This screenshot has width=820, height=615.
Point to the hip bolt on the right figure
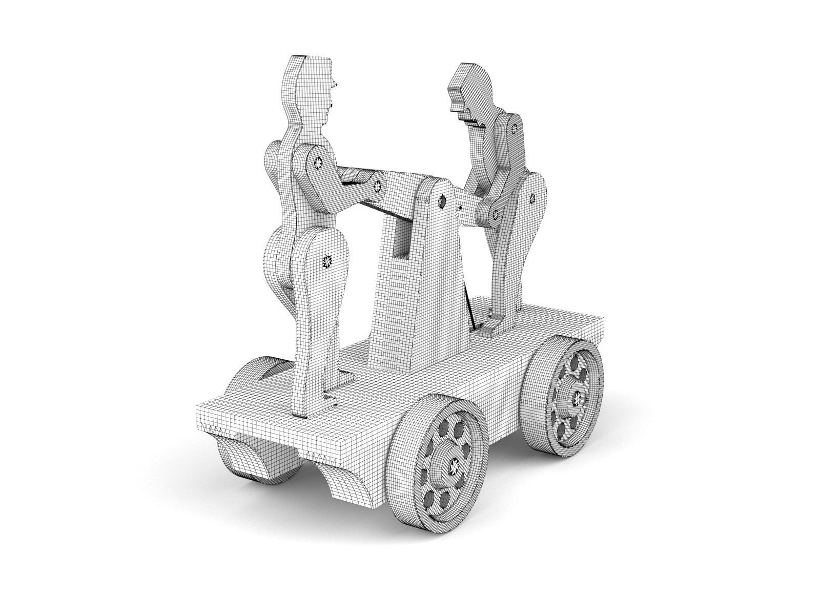pyautogui.click(x=531, y=198)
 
